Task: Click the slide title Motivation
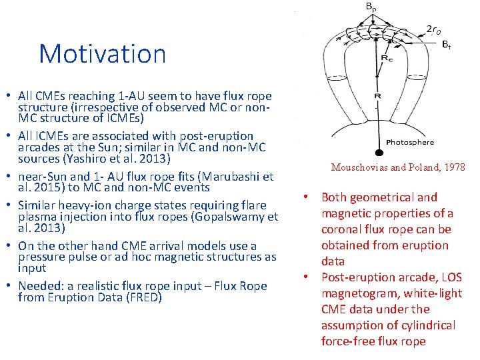click(102, 54)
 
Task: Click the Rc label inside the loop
click(386, 58)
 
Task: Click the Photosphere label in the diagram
click(410, 142)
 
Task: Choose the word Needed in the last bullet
click(39, 286)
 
